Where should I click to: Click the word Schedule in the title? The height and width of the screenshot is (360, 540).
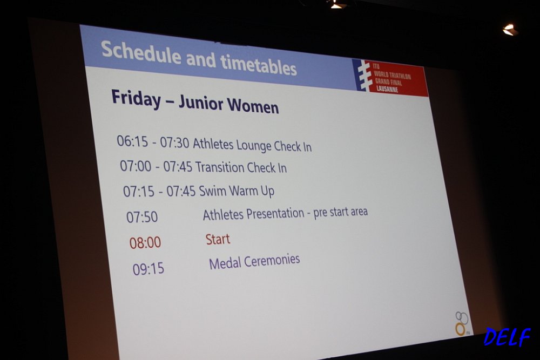point(141,53)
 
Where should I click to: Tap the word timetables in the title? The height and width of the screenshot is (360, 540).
point(258,64)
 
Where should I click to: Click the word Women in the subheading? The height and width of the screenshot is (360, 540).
point(253,105)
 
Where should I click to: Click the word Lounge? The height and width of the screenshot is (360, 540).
point(253,146)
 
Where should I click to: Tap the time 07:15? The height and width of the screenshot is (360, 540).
point(139,192)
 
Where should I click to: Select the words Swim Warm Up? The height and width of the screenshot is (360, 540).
point(237,191)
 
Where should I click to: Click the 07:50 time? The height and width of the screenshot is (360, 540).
point(142,217)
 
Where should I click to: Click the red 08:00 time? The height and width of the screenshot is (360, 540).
point(145,243)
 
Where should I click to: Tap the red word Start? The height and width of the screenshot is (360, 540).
point(218,239)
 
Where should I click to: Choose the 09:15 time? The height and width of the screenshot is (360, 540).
point(148,269)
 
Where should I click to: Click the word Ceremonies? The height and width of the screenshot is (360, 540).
point(273,260)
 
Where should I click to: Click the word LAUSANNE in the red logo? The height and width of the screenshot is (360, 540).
point(387,89)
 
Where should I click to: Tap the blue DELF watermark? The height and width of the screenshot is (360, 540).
point(507,337)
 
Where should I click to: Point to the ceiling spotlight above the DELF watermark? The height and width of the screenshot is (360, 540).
point(510,30)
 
